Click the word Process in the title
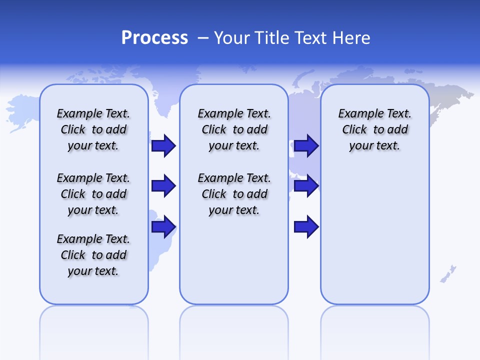pos(154,37)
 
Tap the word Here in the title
pos(352,38)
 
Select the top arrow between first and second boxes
pos(163,146)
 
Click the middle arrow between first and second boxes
pos(163,186)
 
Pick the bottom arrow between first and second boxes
pos(163,227)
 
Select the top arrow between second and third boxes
pos(306,146)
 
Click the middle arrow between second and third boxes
pos(306,186)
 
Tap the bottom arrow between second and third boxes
pos(306,227)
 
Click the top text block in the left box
pos(93,129)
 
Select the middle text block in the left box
pos(93,194)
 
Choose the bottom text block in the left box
pos(93,255)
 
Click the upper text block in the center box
pos(234,129)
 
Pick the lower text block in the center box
pos(234,194)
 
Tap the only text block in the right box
pos(375,129)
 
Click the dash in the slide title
pos(203,38)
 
